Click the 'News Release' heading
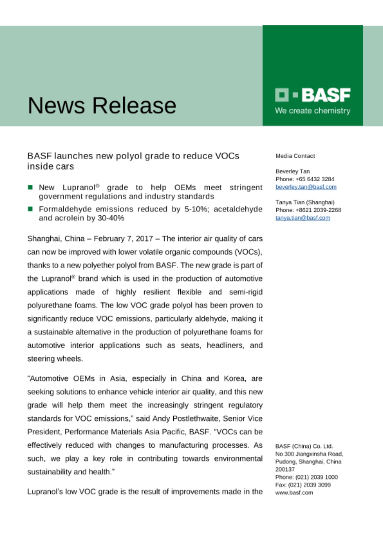click(x=102, y=105)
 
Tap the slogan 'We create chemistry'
click(x=313, y=111)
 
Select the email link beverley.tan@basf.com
click(x=306, y=187)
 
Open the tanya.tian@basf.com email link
click(x=303, y=218)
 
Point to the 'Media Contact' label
click(x=295, y=156)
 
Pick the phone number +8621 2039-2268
click(x=318, y=210)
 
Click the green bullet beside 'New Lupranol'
click(x=30, y=187)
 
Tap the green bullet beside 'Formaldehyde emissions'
click(x=30, y=209)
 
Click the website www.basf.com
click(x=294, y=493)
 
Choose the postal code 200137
click(x=285, y=469)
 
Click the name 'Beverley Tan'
click(x=293, y=172)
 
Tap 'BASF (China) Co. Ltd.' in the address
click(x=304, y=446)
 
